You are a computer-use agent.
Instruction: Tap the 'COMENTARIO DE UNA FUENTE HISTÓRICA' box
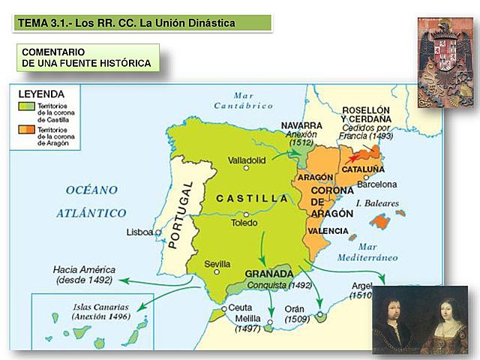(87, 58)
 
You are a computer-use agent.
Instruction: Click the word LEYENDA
(41, 94)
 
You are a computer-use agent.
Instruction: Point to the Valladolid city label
(248, 160)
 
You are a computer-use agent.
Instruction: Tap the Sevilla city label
(217, 264)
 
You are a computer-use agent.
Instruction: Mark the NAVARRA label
(301, 125)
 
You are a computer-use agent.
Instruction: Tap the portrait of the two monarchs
(421, 321)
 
